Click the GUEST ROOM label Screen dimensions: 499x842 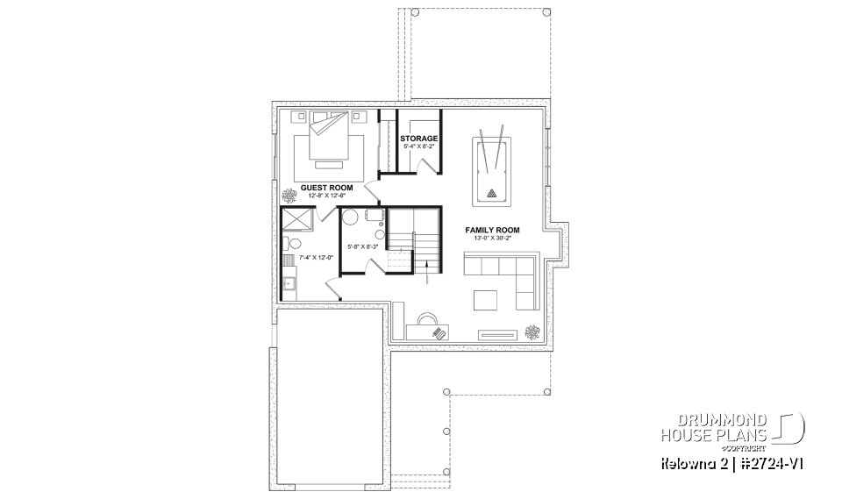click(x=326, y=188)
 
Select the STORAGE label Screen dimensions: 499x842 click(x=419, y=139)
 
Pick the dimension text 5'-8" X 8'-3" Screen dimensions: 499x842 click(x=360, y=247)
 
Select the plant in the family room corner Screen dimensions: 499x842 click(x=532, y=331)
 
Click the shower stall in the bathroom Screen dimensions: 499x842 click(x=295, y=219)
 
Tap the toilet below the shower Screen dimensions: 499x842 click(x=292, y=244)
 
